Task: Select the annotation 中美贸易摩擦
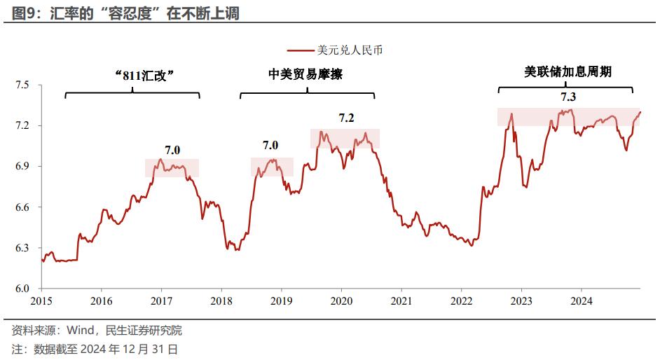305,74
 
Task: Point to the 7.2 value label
346,118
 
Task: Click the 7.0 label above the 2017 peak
172,149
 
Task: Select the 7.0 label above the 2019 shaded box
270,146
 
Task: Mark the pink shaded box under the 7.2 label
345,138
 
